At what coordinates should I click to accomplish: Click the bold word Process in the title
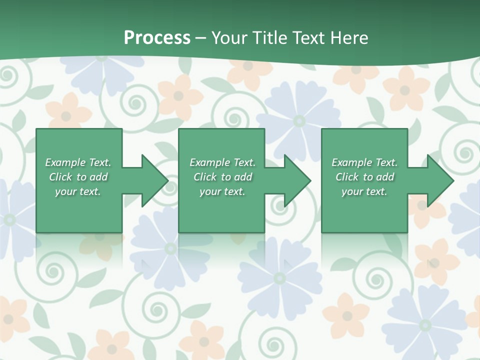coord(157,37)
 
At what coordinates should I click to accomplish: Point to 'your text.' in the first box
coord(78,191)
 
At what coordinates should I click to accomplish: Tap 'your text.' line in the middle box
coord(222,191)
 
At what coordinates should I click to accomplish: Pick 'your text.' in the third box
coord(364,191)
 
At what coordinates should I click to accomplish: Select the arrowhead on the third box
coord(439,180)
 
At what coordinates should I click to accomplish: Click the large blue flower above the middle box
coord(298,120)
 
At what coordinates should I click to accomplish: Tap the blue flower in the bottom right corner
coord(425,325)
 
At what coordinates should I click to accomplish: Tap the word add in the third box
coord(385,177)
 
